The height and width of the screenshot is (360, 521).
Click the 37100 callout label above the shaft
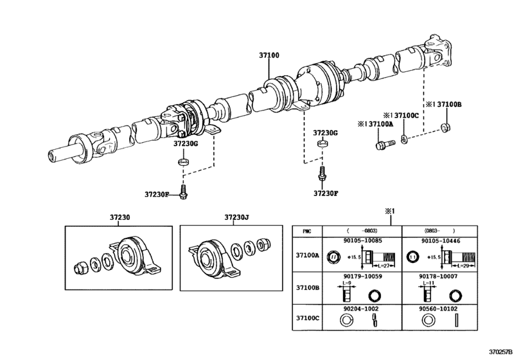point(269,56)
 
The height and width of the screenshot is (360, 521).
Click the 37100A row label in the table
point(306,255)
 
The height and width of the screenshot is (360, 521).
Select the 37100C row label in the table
point(306,317)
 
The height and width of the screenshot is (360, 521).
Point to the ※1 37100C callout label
point(402,115)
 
